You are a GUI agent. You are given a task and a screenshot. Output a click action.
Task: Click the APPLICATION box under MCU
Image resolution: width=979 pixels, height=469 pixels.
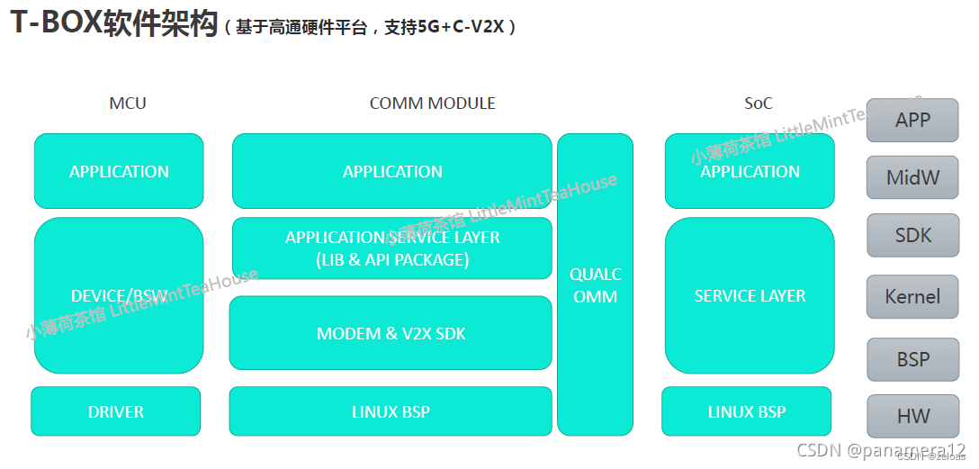click(x=119, y=171)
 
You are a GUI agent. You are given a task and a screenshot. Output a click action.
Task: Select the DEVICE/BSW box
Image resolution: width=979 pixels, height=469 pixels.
click(x=119, y=295)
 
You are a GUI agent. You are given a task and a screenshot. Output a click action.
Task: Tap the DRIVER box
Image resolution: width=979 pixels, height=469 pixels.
click(x=116, y=411)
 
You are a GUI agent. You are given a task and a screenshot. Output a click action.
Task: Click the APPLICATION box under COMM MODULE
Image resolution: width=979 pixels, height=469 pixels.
click(x=392, y=171)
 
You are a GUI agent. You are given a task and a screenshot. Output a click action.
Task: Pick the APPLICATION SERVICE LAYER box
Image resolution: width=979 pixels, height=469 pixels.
click(x=392, y=248)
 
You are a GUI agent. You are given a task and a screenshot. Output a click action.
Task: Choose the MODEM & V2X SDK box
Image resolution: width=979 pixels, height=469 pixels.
click(x=391, y=333)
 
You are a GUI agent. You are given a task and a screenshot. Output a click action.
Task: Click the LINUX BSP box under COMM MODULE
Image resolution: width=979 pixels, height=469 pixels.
click(x=391, y=411)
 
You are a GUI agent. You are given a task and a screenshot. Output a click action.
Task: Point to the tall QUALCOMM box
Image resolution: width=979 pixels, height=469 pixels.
click(x=595, y=284)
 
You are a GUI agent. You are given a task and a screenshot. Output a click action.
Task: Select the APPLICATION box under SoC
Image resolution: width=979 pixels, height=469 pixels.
click(x=750, y=171)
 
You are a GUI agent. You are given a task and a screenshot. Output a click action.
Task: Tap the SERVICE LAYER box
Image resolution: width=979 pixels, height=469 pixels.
click(x=750, y=295)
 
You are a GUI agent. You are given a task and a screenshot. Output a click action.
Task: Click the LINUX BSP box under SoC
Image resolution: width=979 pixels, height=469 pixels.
click(x=746, y=411)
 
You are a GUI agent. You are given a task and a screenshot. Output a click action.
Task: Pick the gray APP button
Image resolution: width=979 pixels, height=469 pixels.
click(x=912, y=120)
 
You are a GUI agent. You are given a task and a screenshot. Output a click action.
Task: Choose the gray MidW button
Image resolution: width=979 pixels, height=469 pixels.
click(x=912, y=177)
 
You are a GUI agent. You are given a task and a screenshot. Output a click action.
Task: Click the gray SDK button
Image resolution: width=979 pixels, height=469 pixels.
click(x=912, y=236)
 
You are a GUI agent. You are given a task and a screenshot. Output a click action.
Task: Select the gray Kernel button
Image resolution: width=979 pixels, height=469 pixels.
click(x=912, y=297)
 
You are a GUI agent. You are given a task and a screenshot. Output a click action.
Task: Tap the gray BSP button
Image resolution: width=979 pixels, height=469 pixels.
click(x=912, y=359)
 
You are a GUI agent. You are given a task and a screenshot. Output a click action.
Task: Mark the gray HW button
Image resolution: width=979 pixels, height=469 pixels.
click(x=912, y=417)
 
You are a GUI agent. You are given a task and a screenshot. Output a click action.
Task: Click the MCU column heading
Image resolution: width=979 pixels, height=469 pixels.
click(x=127, y=104)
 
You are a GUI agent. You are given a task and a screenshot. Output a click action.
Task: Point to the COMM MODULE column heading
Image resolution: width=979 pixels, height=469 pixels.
click(x=432, y=104)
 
